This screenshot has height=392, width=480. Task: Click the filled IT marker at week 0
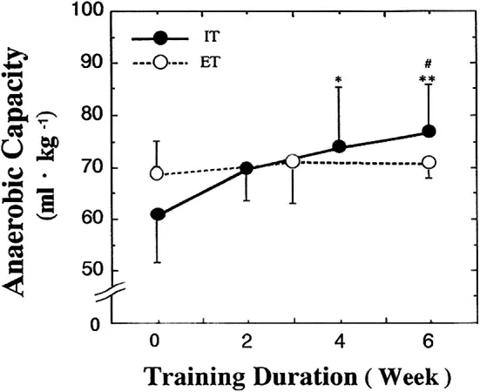pos(158,214)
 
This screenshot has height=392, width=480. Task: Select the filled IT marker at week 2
pos(247,168)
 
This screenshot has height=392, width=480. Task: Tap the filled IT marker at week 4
pos(339,147)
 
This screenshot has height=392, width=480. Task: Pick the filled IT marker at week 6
pos(429,132)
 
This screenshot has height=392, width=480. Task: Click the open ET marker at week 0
pos(157,173)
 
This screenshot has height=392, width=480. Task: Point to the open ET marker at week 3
pos(293,161)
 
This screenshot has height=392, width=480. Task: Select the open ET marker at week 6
pos(429,163)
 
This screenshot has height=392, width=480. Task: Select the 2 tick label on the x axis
pos(247,341)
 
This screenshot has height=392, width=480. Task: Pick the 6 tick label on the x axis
pos(429,341)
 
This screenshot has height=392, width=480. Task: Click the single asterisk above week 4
pos(338,80)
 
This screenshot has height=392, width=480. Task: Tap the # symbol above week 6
pos(428,64)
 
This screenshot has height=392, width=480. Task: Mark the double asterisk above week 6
pos(428,80)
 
